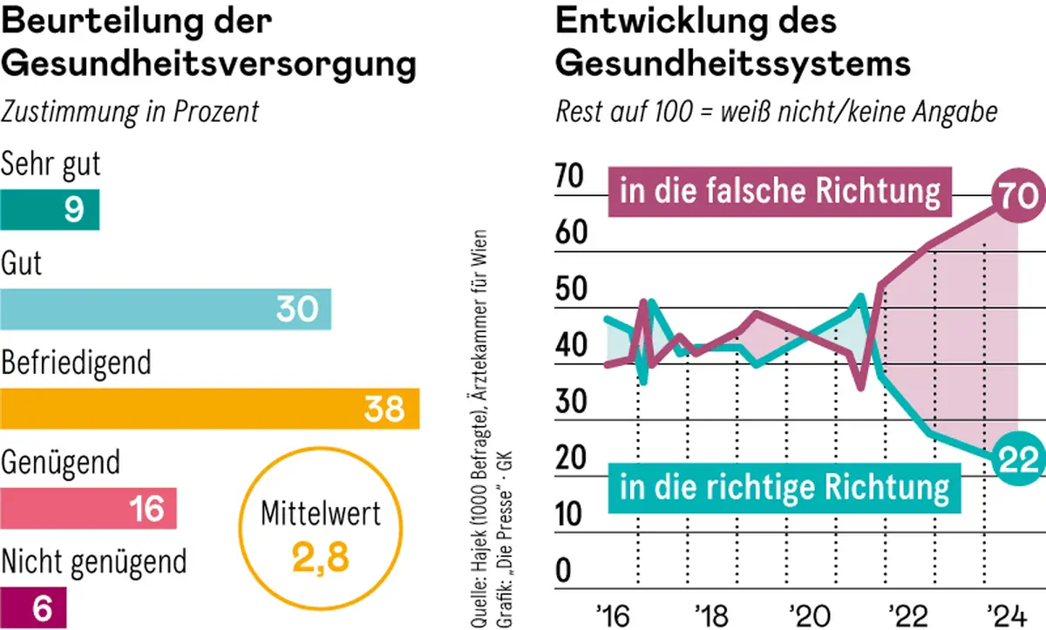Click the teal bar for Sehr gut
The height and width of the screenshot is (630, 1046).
50,210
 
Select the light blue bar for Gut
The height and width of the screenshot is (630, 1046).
166,309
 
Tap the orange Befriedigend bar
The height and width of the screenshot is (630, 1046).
209,408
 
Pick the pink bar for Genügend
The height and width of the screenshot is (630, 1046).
88,508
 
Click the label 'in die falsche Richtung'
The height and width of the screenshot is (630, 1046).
780,190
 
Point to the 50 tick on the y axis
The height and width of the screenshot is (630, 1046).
572,290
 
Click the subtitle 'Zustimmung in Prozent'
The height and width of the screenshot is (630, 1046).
130,112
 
